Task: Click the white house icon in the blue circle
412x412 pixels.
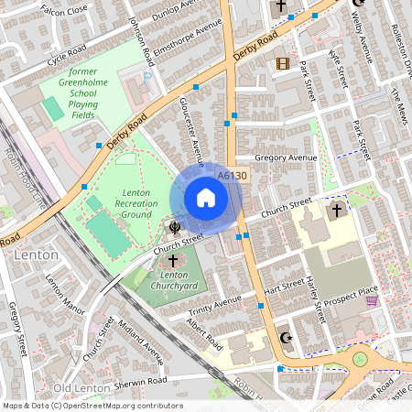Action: coord(206,198)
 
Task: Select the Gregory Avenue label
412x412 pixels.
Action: coord(286,158)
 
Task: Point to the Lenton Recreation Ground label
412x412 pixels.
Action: coord(136,202)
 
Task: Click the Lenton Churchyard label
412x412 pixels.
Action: coord(179,278)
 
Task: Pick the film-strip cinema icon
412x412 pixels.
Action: coord(282,63)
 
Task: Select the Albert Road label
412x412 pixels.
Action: coord(203,336)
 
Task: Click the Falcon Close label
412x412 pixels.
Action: coord(66,10)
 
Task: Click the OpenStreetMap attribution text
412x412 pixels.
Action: coord(92,406)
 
